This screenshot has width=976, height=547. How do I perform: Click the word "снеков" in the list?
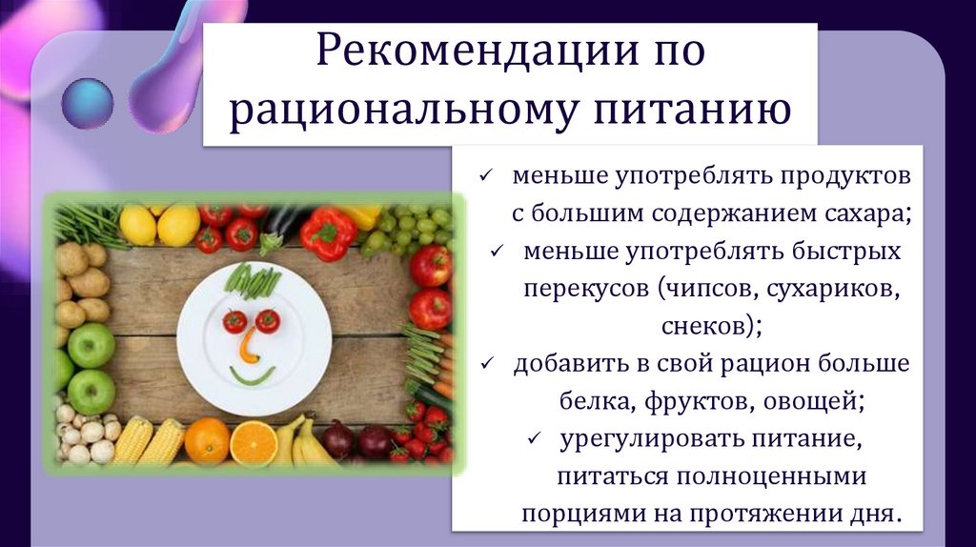pos(704,326)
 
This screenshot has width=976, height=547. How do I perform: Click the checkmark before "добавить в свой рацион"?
pos(486,364)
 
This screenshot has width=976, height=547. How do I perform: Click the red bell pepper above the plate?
pos(327,233)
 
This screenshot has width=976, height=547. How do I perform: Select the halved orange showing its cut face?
pos(254,442)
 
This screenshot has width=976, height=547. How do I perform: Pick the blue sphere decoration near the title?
pos(86,103)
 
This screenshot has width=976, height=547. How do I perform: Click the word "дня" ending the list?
pos(877,514)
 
